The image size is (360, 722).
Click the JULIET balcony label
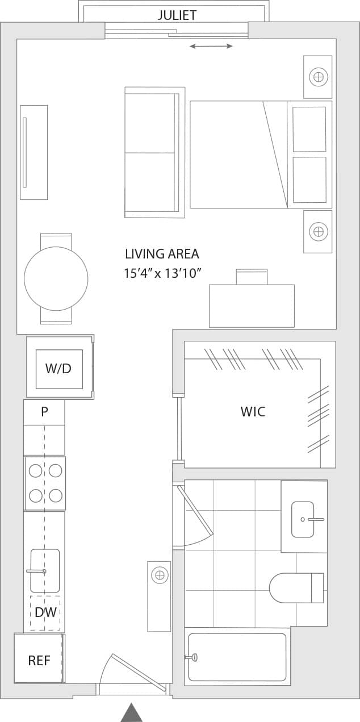[177, 15]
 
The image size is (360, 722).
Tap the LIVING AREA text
[162, 254]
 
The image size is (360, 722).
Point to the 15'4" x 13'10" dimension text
[164, 274]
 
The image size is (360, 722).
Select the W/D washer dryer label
[58, 369]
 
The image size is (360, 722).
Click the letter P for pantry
[44, 412]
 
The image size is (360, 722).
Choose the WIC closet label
[253, 412]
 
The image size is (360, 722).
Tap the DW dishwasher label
[45, 612]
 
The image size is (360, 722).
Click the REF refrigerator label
[39, 661]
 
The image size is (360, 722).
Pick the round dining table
[56, 278]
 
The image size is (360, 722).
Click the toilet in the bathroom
[295, 588]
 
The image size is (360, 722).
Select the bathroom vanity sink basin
[303, 519]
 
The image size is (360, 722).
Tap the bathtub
[237, 657]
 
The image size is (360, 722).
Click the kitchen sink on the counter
[45, 570]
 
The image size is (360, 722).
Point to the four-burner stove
[45, 483]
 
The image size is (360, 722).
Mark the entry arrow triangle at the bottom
[132, 713]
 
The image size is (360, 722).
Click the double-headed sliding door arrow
[211, 46]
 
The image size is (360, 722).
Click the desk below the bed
[252, 306]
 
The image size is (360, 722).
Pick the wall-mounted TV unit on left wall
[34, 152]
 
